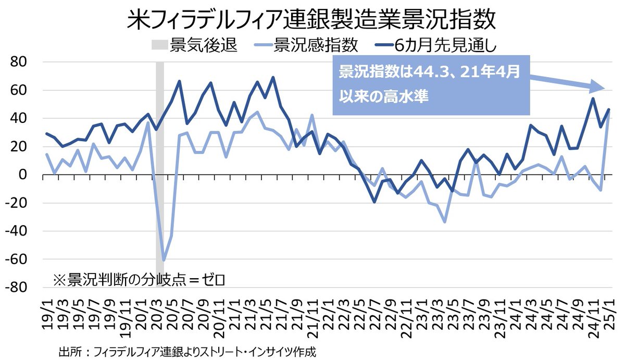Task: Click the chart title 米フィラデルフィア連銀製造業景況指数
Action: coord(311,22)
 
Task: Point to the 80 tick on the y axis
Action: coord(22,62)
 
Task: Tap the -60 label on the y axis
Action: coord(19,259)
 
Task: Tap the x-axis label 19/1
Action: coord(48,314)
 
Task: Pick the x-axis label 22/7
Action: coord(375,314)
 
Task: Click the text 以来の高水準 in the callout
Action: coord(384,96)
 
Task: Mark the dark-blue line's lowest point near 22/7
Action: coord(374,202)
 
